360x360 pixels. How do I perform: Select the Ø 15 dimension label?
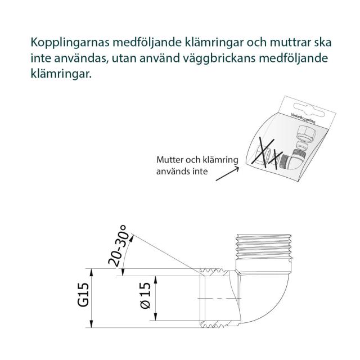click(x=145, y=298)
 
